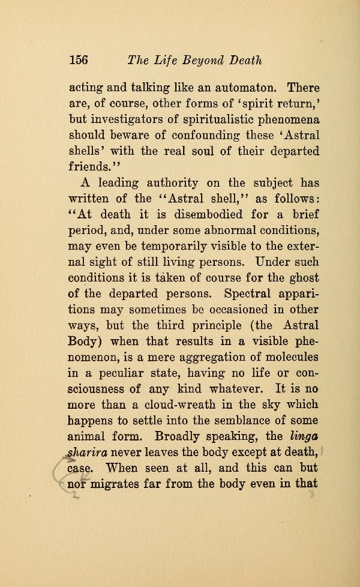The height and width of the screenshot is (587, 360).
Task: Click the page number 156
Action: point(79,60)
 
